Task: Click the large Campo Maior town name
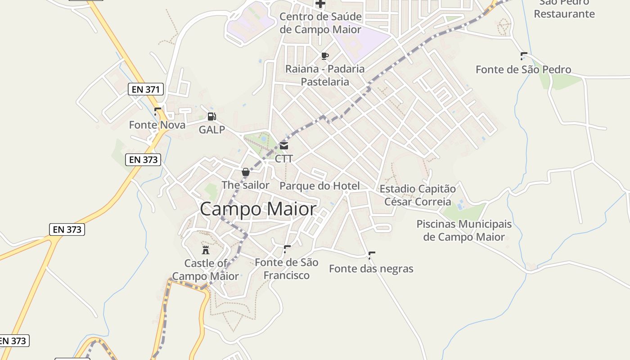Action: [x=258, y=209]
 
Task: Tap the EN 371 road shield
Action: [x=145, y=89]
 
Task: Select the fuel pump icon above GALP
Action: [x=211, y=117]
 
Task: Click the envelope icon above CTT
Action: [x=284, y=146]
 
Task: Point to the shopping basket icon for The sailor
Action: [x=246, y=172]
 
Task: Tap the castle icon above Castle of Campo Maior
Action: [x=206, y=250]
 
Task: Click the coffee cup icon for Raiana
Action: [x=324, y=56]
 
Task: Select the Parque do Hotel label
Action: [x=319, y=186]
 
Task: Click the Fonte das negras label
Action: [x=371, y=269]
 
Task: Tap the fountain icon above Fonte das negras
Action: [x=371, y=256]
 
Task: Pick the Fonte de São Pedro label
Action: [x=523, y=69]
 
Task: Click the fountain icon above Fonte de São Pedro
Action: [x=523, y=56]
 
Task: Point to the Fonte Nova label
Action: [x=157, y=125]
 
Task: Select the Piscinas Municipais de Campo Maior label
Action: [x=464, y=230]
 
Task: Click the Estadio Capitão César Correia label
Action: [x=418, y=195]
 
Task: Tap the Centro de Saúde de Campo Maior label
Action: [x=320, y=23]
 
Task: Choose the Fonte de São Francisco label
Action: [x=286, y=269]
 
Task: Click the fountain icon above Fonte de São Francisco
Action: [x=287, y=249]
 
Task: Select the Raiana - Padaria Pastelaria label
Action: [x=325, y=75]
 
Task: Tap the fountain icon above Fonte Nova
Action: [x=157, y=112]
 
